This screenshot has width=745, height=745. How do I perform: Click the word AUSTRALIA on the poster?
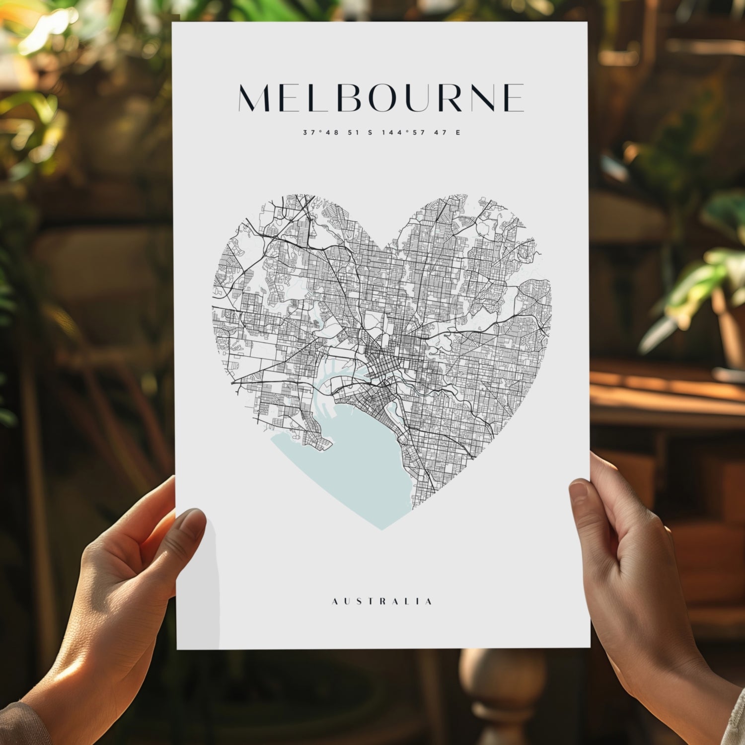(381, 601)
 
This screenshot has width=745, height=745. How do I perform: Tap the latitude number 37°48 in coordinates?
(318, 133)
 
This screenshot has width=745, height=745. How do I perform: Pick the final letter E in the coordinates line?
(457, 133)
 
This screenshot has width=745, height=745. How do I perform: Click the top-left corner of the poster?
(172, 22)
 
